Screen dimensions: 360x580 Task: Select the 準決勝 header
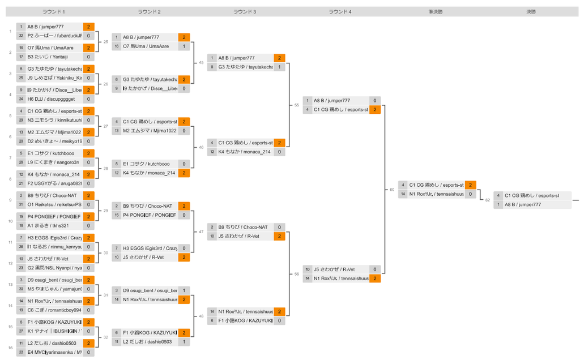(x=436, y=11)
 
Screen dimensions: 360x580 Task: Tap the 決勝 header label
(x=531, y=11)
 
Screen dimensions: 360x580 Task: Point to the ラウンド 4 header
(x=340, y=11)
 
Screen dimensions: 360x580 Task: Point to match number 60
(x=391, y=190)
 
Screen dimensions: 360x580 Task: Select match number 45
(x=201, y=63)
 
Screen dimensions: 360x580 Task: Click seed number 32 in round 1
(x=21, y=35)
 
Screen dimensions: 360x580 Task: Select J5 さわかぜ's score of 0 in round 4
(x=374, y=269)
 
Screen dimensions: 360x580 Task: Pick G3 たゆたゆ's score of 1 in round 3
(x=279, y=67)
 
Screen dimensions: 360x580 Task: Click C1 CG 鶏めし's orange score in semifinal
(x=470, y=185)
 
